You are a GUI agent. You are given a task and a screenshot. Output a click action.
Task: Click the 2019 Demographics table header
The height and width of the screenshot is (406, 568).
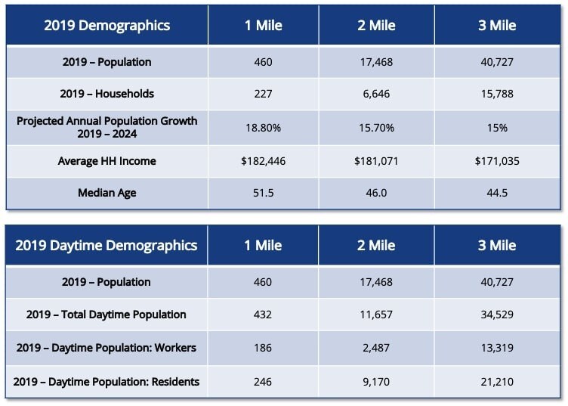tap(106, 25)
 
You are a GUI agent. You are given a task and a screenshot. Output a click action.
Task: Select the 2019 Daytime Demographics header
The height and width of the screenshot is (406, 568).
tap(106, 245)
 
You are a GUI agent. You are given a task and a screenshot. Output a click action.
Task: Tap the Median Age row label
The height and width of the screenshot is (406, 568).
tap(106, 193)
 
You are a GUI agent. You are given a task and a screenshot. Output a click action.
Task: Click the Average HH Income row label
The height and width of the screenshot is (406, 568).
tap(106, 160)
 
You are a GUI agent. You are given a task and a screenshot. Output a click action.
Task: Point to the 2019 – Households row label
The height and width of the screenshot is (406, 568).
tap(106, 94)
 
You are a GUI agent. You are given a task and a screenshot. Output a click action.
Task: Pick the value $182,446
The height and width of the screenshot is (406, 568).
tap(263, 160)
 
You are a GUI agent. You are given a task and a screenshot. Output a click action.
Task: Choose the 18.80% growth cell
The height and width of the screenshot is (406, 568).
tap(263, 128)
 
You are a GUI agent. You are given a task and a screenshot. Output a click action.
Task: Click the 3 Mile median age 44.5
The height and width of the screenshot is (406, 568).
tap(497, 193)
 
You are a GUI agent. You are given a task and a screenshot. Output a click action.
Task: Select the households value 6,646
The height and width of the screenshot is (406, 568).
tap(375, 94)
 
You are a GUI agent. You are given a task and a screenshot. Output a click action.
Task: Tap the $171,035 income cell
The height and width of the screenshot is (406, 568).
tap(497, 160)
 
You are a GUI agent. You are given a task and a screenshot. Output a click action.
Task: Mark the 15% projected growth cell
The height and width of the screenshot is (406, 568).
tap(497, 128)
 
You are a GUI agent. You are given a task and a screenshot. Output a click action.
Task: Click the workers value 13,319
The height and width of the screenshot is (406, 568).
tap(497, 348)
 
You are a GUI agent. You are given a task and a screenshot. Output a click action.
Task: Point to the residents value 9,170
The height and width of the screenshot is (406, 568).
tap(375, 382)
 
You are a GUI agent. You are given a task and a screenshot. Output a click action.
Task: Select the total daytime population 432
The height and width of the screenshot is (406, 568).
tap(263, 314)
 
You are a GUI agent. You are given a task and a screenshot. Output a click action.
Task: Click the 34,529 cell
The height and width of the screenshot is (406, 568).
tap(497, 314)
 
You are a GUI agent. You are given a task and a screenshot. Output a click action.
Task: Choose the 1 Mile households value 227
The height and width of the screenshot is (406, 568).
tap(263, 94)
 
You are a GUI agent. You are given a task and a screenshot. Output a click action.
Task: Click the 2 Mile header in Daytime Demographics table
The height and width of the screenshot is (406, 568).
tap(375, 245)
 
